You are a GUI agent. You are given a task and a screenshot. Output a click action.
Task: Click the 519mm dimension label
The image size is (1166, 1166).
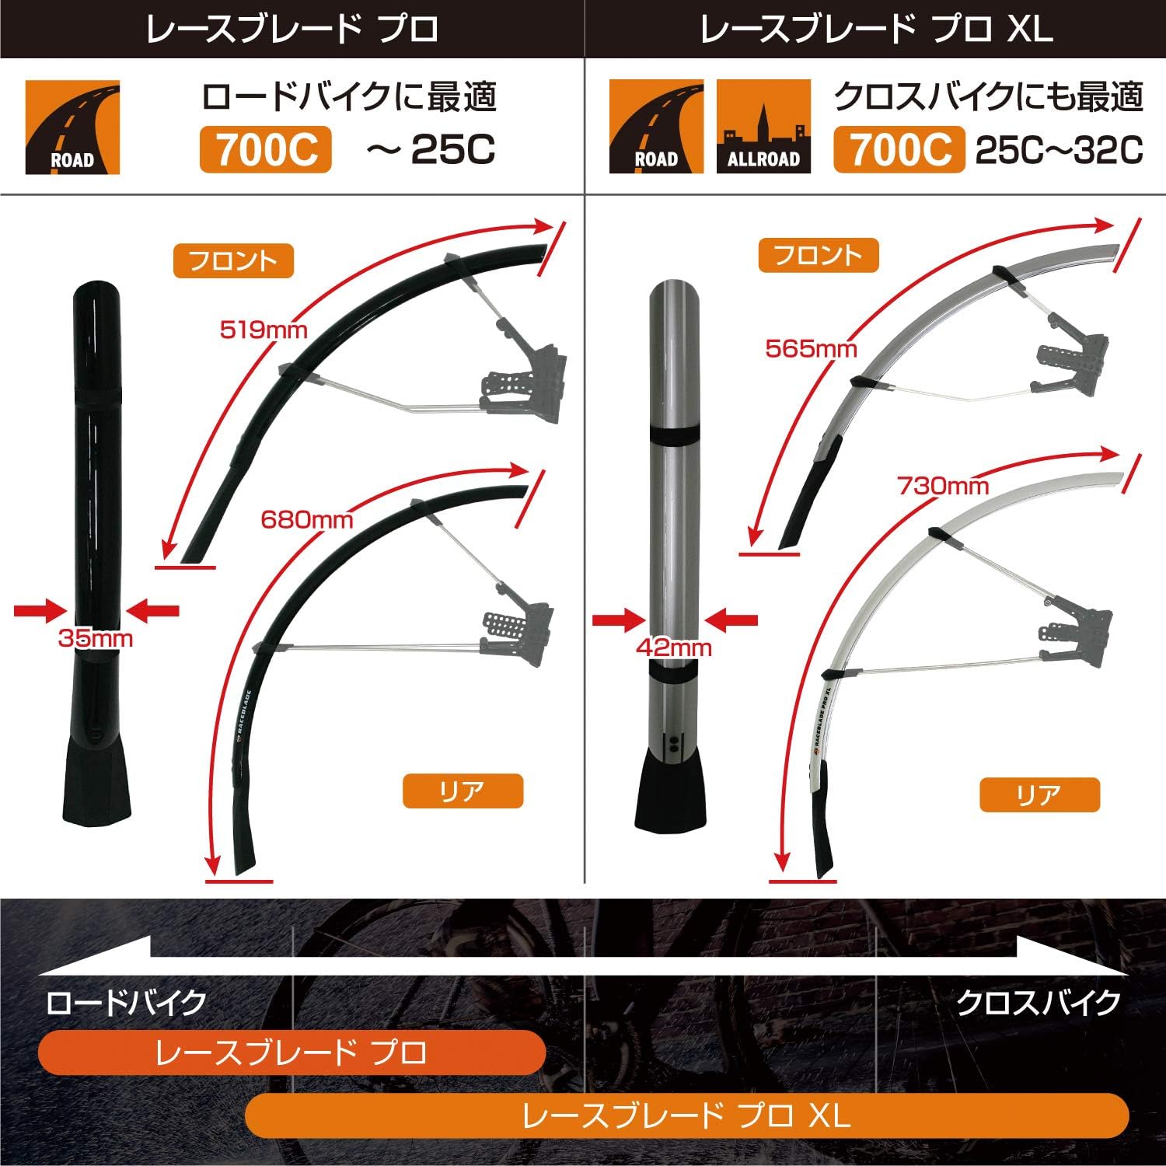(x=264, y=330)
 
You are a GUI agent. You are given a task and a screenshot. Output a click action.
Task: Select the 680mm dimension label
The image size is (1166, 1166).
(x=306, y=519)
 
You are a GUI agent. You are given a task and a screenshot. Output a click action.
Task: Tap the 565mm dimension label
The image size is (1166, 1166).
(x=811, y=348)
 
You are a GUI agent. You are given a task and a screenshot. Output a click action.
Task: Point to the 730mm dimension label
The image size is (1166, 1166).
(x=942, y=487)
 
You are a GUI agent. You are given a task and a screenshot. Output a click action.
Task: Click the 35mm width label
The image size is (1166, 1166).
(x=96, y=639)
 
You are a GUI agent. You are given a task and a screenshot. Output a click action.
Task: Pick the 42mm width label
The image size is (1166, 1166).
(x=673, y=647)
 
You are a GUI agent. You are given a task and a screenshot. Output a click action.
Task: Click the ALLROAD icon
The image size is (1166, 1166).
(x=763, y=126)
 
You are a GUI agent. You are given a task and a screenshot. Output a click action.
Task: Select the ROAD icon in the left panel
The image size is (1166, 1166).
(x=72, y=127)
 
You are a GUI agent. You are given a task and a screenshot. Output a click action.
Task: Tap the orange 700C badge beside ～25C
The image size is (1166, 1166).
(x=266, y=150)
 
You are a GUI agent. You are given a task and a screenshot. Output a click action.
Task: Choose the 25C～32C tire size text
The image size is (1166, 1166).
(x=1059, y=150)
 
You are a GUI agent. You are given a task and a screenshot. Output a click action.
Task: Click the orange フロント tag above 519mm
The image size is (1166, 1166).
(x=233, y=261)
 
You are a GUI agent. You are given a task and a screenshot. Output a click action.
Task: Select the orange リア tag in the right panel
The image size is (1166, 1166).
(x=1039, y=794)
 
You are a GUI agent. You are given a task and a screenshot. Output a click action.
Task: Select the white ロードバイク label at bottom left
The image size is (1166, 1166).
(x=126, y=1003)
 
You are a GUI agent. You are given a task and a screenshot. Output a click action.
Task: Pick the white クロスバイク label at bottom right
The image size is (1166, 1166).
(x=1038, y=1003)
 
